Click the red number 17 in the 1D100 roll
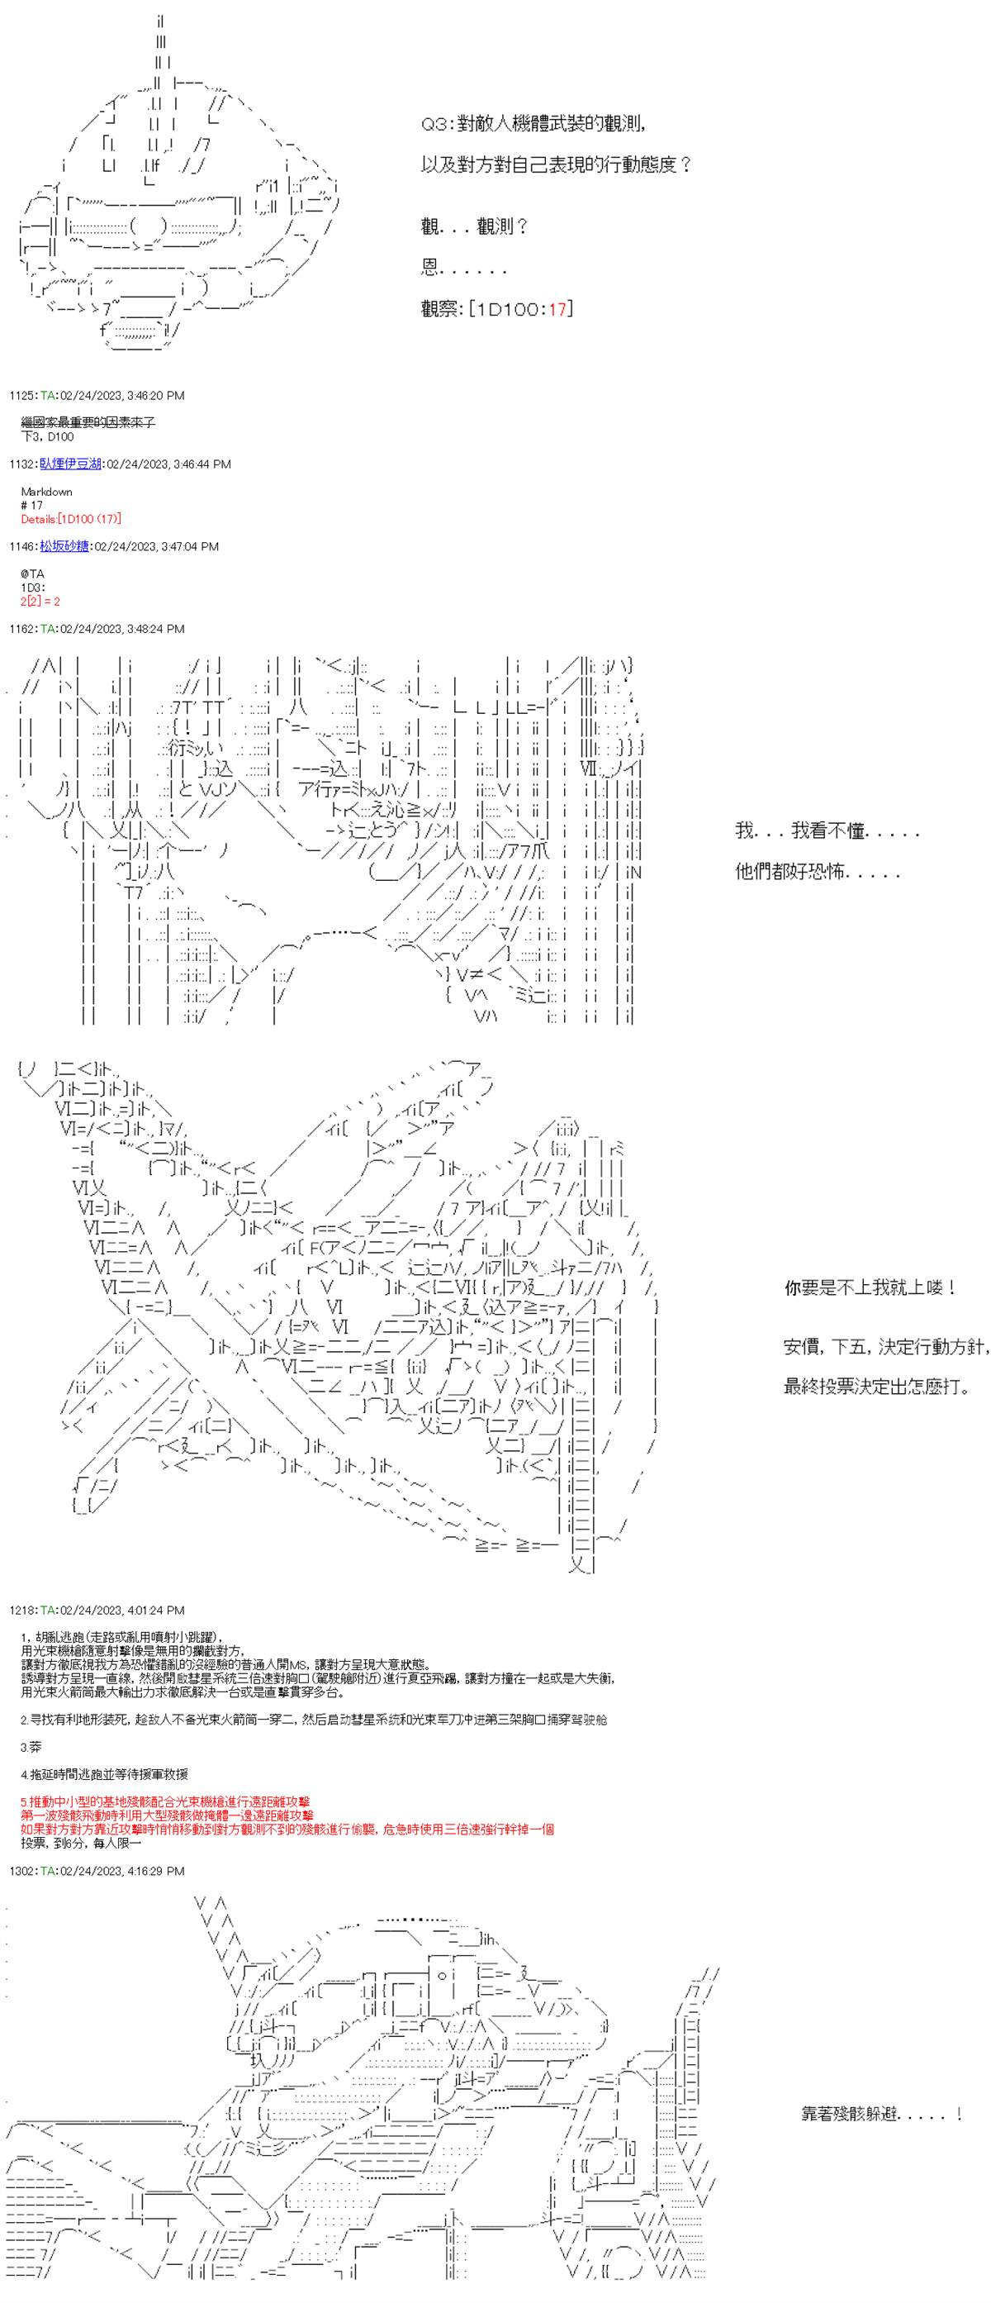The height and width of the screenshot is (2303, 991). click(557, 309)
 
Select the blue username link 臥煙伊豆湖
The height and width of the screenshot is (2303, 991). click(69, 464)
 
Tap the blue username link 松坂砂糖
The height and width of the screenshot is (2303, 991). click(64, 546)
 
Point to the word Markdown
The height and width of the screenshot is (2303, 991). click(46, 492)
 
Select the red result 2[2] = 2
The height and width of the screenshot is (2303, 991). click(40, 602)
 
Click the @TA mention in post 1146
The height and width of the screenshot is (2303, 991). click(31, 574)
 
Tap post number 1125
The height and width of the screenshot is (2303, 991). click(21, 395)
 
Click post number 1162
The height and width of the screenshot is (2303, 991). click(21, 629)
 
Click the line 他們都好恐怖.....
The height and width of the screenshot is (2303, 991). click(817, 872)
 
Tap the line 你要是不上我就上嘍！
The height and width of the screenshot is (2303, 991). click(870, 1287)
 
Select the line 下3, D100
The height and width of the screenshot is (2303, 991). click(46, 436)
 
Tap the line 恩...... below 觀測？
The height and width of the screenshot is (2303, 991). click(464, 267)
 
